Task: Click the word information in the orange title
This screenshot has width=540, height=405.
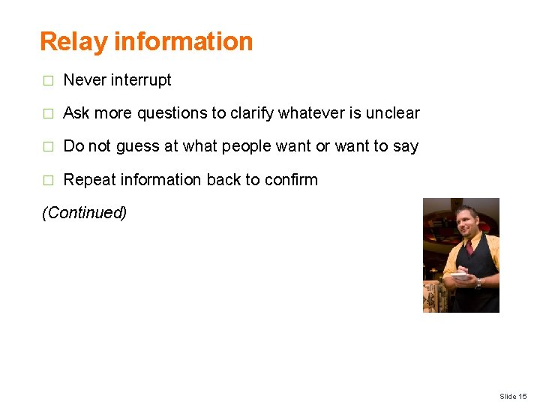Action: pos(183,41)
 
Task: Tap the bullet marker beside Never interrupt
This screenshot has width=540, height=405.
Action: pos(47,80)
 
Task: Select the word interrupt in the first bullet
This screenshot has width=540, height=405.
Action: pos(140,79)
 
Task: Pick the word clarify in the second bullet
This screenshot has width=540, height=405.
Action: pos(251,113)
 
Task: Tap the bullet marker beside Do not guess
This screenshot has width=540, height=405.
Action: pos(47,147)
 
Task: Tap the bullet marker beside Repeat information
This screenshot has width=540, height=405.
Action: pos(47,181)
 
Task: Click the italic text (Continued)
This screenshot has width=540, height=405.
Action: pos(84,213)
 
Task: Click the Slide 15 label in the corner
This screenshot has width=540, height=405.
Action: pos(513,396)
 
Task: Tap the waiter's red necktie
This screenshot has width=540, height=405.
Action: pos(469,247)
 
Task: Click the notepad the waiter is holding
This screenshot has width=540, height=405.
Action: pos(460,276)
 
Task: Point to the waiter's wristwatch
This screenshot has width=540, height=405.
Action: pos(478,283)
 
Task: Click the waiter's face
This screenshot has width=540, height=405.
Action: pos(468,221)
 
